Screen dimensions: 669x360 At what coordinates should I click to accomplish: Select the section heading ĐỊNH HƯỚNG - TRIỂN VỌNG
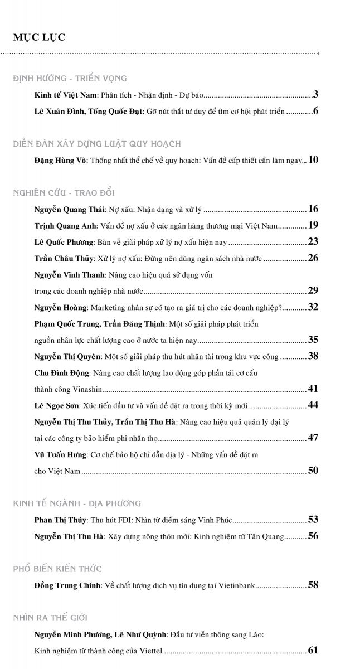pos(70,79)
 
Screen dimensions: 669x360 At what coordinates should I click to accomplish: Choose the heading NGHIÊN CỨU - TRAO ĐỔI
pos(64,193)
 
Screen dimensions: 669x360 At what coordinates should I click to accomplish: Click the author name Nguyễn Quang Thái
pos(69,210)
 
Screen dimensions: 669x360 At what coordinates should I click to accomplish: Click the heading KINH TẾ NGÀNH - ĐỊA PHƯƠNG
pos(77,503)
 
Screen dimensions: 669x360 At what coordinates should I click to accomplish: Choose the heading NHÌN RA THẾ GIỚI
pos(50,618)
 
